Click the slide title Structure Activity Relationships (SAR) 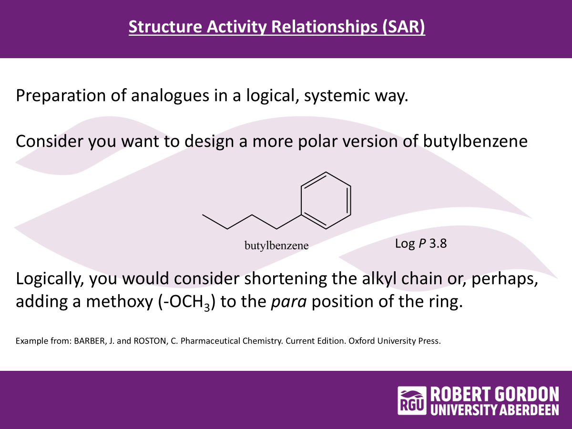point(277,27)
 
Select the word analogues point(170,96)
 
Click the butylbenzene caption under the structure point(276,245)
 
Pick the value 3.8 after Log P point(438,244)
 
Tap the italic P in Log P point(422,244)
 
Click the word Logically point(50,279)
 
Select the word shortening point(286,279)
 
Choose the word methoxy point(119,302)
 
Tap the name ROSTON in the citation point(150,341)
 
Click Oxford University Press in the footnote point(395,341)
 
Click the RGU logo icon point(412,400)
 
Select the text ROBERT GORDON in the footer point(495,394)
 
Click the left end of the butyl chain point(203,214)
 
